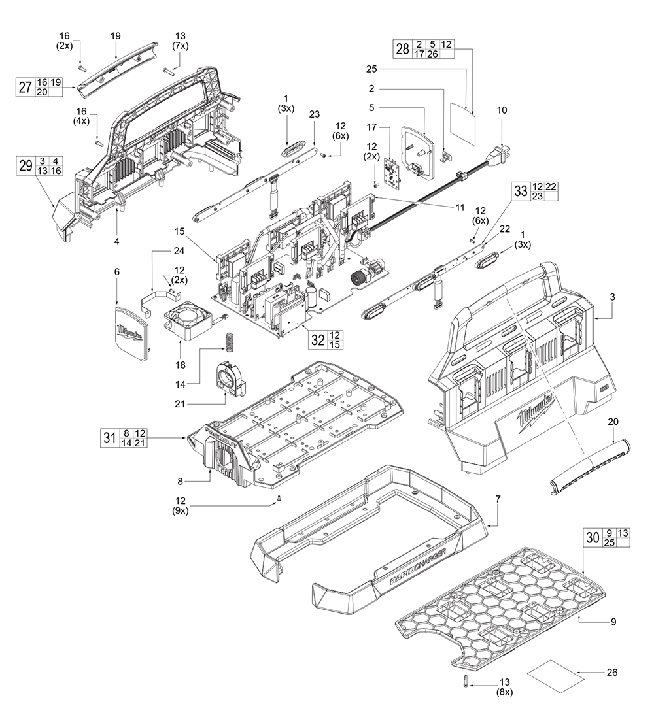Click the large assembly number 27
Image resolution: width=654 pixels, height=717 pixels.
coord(25,88)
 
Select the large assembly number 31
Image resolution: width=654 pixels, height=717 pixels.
coord(109,437)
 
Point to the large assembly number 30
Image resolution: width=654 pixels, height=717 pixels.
coord(593,537)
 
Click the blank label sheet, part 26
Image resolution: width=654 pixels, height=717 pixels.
coord(555,671)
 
